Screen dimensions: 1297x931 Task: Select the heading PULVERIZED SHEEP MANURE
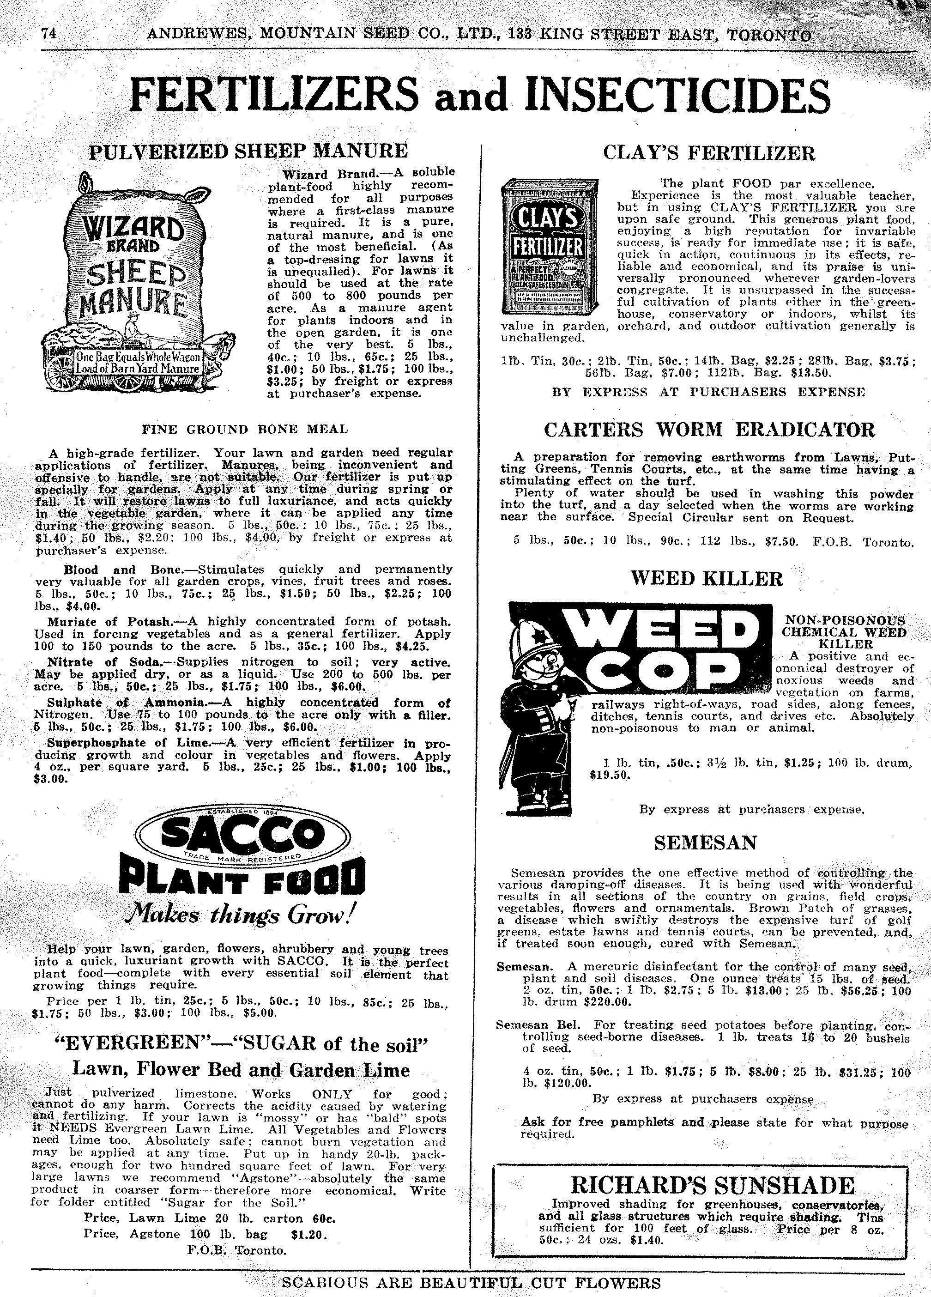pyautogui.click(x=249, y=151)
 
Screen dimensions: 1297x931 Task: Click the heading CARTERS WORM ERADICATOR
pyautogui.click(x=709, y=430)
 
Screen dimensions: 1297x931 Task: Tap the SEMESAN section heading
pyautogui.click(x=706, y=843)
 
